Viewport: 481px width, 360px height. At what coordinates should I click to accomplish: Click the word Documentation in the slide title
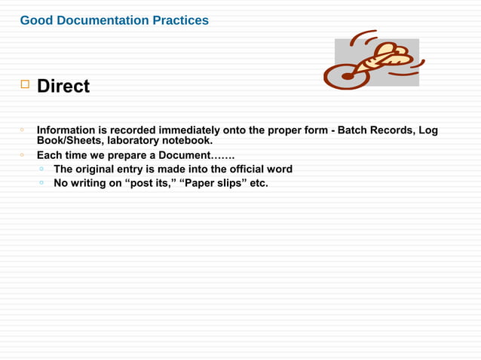point(102,20)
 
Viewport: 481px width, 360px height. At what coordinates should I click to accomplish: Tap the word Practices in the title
point(181,20)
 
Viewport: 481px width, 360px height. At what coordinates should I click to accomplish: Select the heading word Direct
point(63,87)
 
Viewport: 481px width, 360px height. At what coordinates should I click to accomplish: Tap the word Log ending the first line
point(428,130)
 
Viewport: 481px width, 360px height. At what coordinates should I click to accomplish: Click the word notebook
point(191,140)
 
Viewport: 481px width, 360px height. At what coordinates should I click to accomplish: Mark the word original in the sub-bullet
point(103,169)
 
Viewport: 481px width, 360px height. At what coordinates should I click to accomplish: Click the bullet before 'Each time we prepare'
point(23,155)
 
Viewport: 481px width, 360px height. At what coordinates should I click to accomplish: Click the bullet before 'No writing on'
point(42,182)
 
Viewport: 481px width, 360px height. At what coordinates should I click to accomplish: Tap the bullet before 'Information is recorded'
point(23,130)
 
